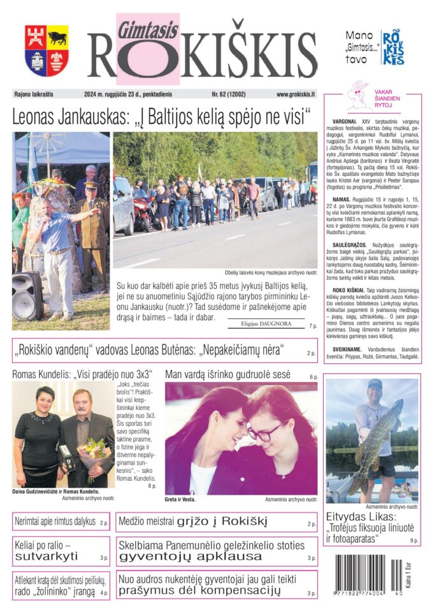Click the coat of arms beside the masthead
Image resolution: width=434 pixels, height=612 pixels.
[x=47, y=50]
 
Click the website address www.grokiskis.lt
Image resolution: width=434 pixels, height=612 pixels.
[x=296, y=94]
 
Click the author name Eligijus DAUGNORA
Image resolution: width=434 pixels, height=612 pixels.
[x=266, y=324]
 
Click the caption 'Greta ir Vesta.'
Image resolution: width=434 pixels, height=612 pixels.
[x=180, y=499]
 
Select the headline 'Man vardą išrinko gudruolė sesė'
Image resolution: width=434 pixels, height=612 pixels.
[x=228, y=374]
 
